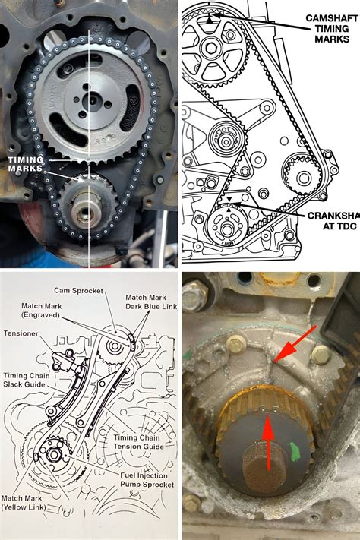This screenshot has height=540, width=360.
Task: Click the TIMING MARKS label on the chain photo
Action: (24, 163)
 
